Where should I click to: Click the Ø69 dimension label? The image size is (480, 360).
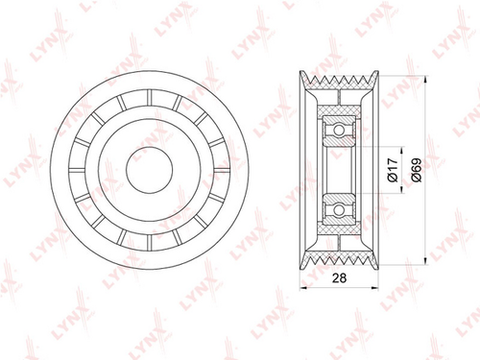(417, 170)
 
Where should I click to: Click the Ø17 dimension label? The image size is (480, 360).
(393, 170)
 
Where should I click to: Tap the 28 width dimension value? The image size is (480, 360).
(339, 278)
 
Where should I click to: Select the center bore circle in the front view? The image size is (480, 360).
(150, 170)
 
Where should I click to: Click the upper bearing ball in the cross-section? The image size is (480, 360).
(339, 130)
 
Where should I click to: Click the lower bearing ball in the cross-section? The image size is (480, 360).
(339, 209)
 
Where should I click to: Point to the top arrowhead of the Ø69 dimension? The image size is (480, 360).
(425, 80)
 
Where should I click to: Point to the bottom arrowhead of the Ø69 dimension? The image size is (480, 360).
(425, 261)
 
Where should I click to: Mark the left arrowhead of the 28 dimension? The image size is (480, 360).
(303, 288)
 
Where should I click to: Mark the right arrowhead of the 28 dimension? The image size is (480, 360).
(374, 288)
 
